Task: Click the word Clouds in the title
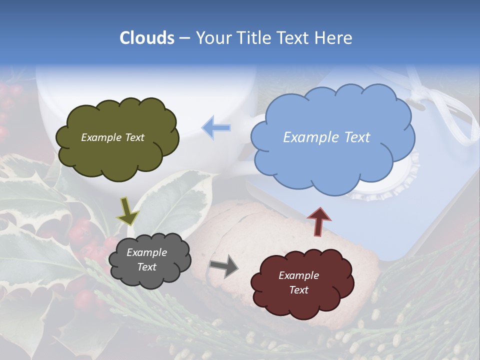click(147, 38)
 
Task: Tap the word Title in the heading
click(251, 38)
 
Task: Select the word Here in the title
click(334, 38)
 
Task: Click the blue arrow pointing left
click(216, 128)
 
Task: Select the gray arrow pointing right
click(224, 266)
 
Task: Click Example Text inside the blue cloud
click(326, 137)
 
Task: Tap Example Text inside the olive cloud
click(112, 137)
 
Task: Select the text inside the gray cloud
click(146, 260)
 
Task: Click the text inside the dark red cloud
click(298, 282)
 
